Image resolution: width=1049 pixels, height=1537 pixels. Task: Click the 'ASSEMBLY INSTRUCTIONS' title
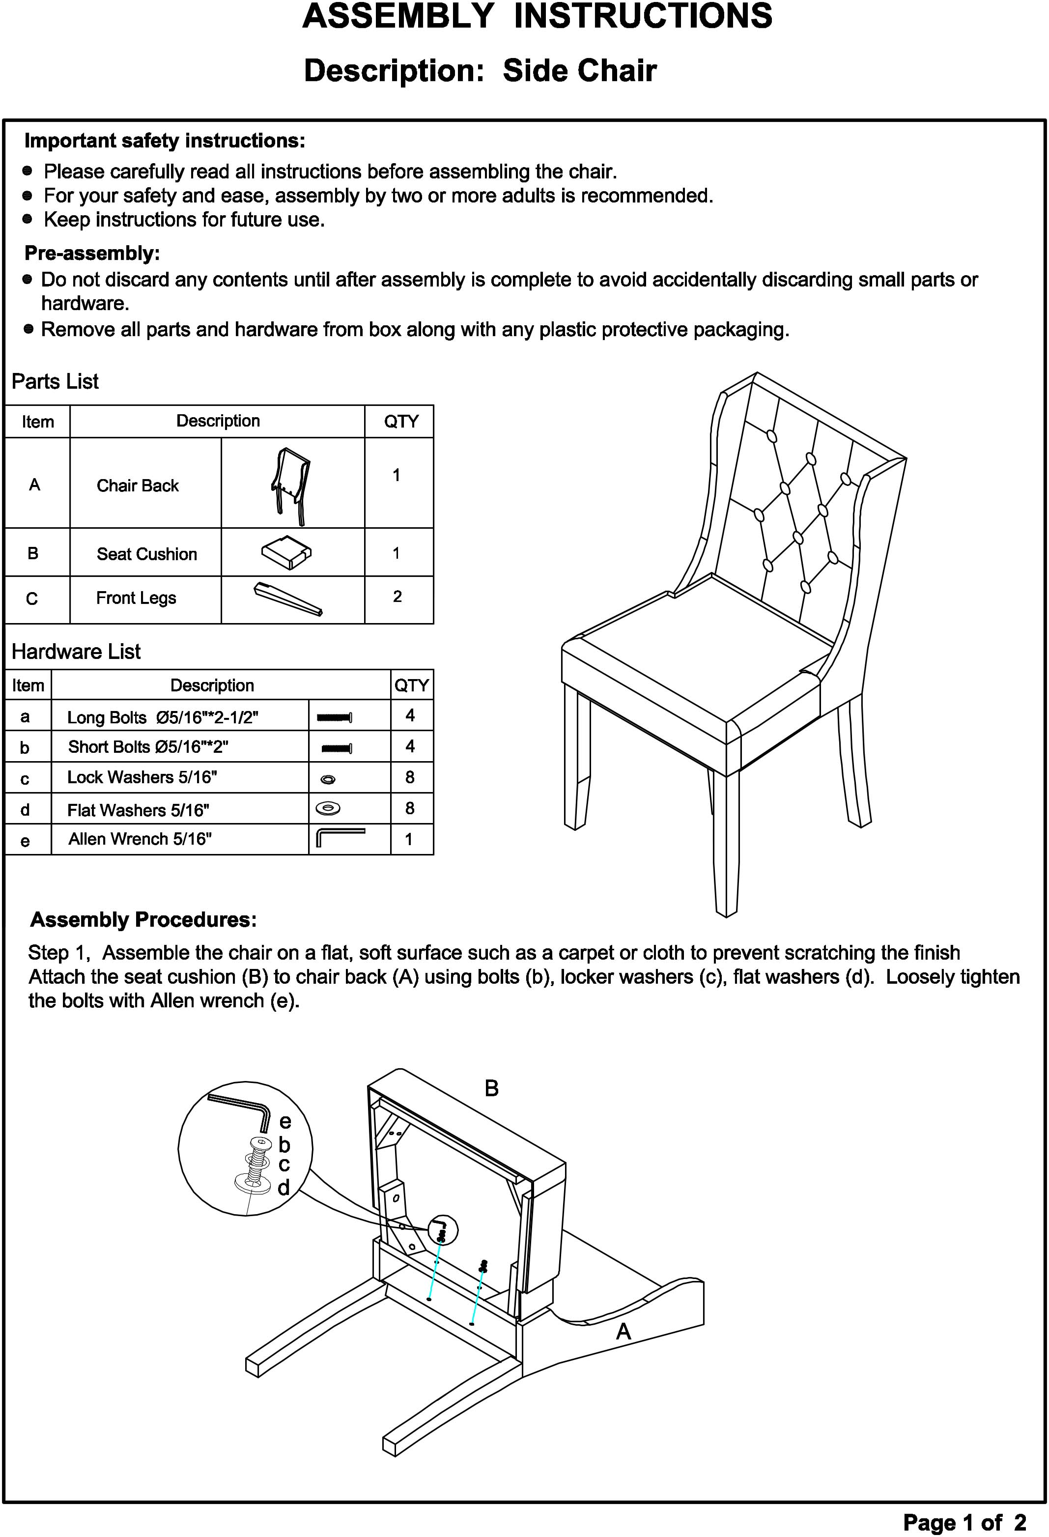pyautogui.click(x=537, y=17)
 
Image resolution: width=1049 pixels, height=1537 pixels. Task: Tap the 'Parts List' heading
pyautogui.click(x=55, y=382)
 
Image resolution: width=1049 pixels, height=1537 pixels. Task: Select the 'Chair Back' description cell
pyautogui.click(x=138, y=485)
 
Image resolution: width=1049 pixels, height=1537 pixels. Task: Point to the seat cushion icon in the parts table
pyautogui.click(x=286, y=552)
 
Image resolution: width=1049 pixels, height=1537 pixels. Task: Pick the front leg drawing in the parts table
pyautogui.click(x=288, y=599)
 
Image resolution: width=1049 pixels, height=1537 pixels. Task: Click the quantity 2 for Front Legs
pyautogui.click(x=397, y=597)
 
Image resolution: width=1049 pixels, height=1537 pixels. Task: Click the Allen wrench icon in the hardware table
pyautogui.click(x=340, y=837)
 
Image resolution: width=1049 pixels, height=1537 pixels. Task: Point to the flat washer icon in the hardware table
pyautogui.click(x=328, y=808)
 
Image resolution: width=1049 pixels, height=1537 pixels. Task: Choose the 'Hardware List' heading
pyautogui.click(x=76, y=652)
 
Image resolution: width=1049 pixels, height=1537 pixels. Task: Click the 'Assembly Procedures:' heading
pyautogui.click(x=143, y=920)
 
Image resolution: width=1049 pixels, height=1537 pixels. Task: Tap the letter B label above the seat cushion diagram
pyautogui.click(x=491, y=1088)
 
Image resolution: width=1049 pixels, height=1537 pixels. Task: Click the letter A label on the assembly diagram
pyautogui.click(x=623, y=1331)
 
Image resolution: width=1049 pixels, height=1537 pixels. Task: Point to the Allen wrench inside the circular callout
pyautogui.click(x=241, y=1110)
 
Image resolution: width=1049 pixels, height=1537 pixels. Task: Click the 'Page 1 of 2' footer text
pyautogui.click(x=964, y=1522)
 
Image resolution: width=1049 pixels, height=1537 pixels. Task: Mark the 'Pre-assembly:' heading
pyautogui.click(x=92, y=254)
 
